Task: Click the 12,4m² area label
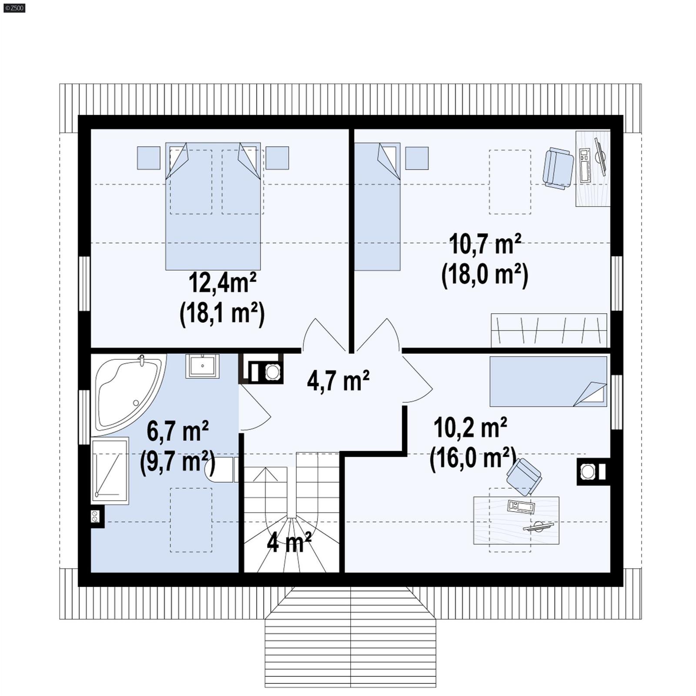coord(222,283)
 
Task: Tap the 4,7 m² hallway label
coord(338,381)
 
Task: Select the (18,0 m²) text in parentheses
coord(485,275)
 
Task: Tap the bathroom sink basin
coord(202,366)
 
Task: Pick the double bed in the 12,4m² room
coord(213,206)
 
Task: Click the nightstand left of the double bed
coord(149,158)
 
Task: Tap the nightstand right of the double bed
coord(277,158)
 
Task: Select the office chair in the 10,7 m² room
coord(558,168)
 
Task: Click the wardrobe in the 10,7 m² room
coord(549,330)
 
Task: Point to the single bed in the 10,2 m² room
coord(548,381)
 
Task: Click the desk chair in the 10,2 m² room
coord(524,476)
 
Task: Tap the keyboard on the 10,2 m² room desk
coord(521,507)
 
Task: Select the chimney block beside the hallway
coord(261,368)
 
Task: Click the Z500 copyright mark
coord(14,8)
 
